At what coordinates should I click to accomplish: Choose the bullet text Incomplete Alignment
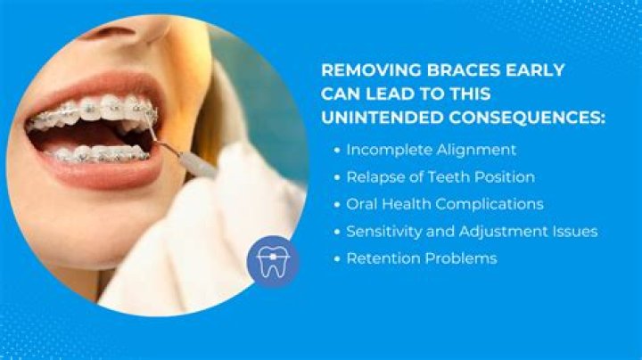coord(431,149)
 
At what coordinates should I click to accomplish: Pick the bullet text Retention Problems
coord(421,258)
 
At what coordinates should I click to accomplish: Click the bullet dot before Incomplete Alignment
coord(334,150)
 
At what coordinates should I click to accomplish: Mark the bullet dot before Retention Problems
coord(334,259)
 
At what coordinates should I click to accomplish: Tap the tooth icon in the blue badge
coord(273,261)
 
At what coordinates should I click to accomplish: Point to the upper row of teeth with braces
coord(94,111)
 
